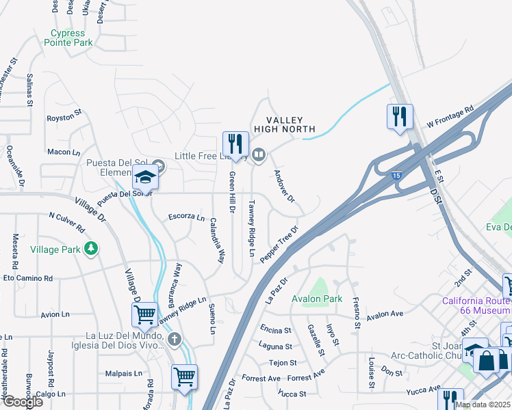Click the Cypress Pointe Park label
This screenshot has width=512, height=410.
click(x=68, y=38)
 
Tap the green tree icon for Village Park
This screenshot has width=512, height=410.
click(x=90, y=249)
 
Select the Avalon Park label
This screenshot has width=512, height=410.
click(x=316, y=299)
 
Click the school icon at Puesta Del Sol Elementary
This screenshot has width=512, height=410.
click(x=145, y=178)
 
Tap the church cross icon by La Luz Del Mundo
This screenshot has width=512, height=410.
click(x=175, y=339)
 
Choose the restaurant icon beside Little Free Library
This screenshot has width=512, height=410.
click(x=235, y=144)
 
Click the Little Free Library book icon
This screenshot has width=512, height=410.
click(x=259, y=154)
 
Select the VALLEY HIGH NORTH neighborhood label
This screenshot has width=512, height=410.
click(x=285, y=125)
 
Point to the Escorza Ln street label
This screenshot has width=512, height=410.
click(x=186, y=217)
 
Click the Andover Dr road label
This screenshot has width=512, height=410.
click(x=283, y=187)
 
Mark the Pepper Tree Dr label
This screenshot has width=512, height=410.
click(x=279, y=243)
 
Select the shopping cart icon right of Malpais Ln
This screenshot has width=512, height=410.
click(x=185, y=376)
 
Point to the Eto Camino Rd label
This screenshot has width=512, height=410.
click(x=28, y=278)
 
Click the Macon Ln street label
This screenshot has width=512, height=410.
click(x=64, y=151)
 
